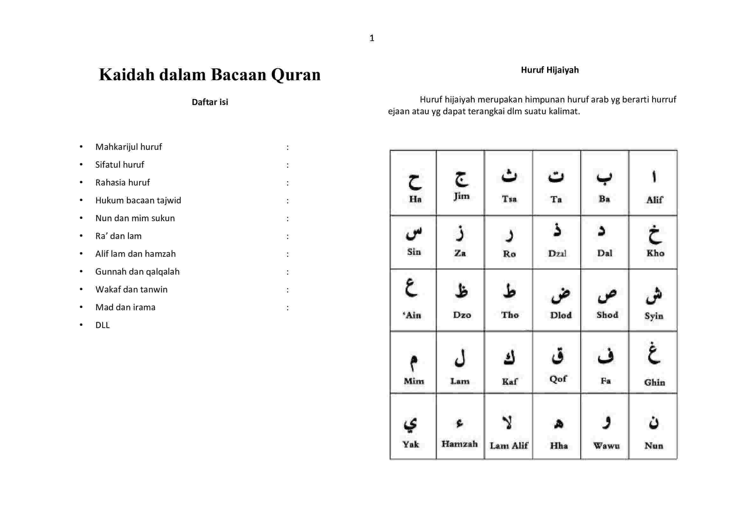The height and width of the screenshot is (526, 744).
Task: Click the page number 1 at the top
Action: click(372, 38)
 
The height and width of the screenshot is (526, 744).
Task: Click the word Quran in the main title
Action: click(296, 74)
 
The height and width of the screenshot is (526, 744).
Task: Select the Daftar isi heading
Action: click(210, 102)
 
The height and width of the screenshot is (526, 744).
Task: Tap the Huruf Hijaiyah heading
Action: click(550, 70)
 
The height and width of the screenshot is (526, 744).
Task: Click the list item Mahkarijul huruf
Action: click(128, 147)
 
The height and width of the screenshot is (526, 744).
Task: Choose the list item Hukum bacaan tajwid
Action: click(138, 200)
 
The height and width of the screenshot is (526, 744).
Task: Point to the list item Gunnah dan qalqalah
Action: click(137, 271)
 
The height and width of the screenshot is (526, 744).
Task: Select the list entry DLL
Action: click(102, 325)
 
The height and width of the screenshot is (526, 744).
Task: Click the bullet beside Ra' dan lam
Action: click(81, 236)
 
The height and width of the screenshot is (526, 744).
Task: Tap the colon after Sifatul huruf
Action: click(288, 165)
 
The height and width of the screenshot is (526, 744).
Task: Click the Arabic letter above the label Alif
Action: click(654, 177)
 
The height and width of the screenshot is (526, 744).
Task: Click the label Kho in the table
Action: click(655, 253)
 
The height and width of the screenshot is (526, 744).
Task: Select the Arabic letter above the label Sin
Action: click(414, 233)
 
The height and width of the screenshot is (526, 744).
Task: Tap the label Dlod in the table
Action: click(560, 315)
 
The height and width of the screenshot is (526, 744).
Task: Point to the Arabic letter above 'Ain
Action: click(411, 288)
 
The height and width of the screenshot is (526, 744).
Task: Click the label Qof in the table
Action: click(558, 379)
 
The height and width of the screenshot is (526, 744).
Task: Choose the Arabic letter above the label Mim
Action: click(413, 362)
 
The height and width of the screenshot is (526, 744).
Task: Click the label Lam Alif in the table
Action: click(509, 445)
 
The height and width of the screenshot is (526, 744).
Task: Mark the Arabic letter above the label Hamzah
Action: click(460, 423)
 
